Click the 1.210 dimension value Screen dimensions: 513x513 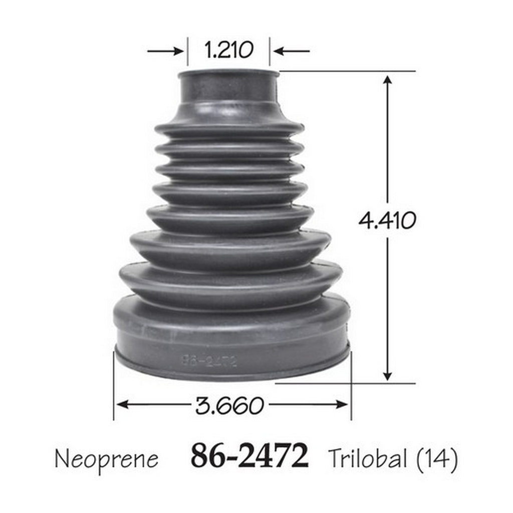pos(228,50)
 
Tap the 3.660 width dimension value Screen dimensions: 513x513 pos(229,405)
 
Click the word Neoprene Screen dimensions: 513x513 pos(107,459)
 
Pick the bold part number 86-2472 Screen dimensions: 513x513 pos(249,456)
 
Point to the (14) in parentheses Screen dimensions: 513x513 pos(437,459)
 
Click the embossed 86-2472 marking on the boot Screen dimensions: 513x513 pos(209,361)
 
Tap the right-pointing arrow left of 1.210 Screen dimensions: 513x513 pos(165,51)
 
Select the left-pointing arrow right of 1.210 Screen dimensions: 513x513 pos(292,51)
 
